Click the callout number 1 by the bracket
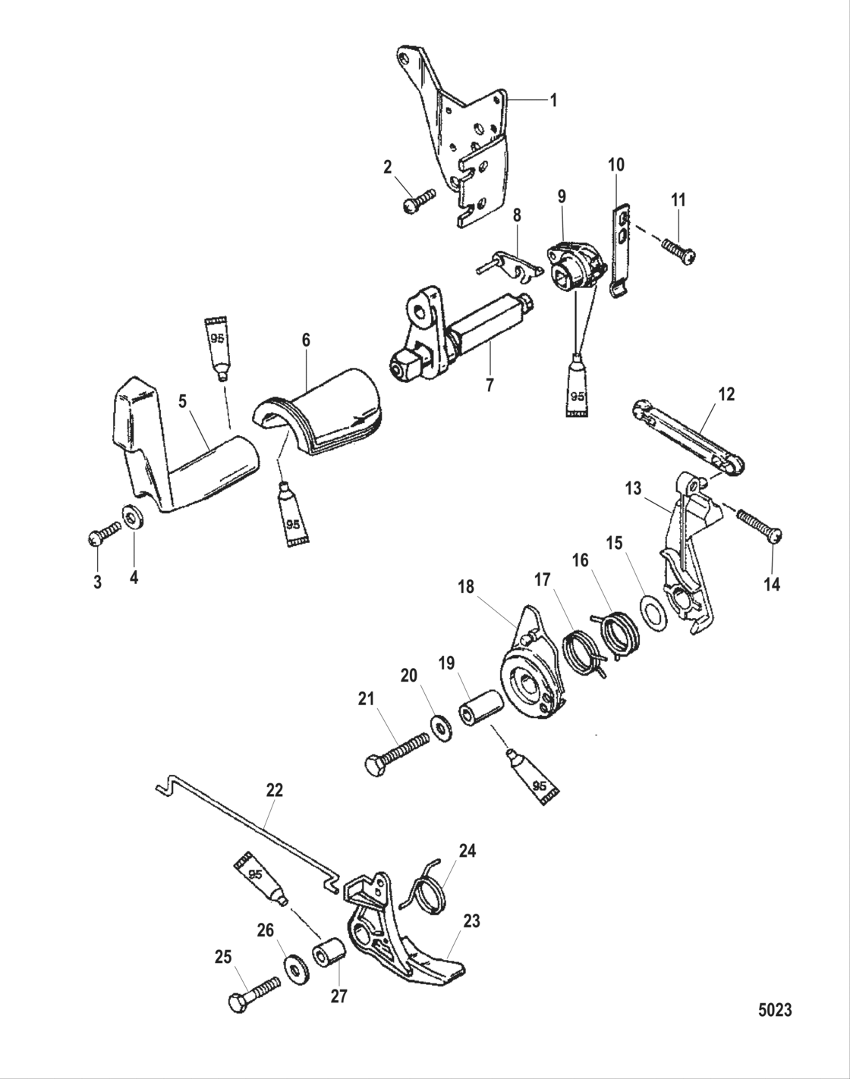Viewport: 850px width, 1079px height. click(x=553, y=100)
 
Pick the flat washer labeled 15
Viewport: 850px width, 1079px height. click(x=653, y=612)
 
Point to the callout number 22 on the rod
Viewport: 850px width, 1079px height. click(x=274, y=790)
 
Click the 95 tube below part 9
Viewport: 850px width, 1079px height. click(x=578, y=387)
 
